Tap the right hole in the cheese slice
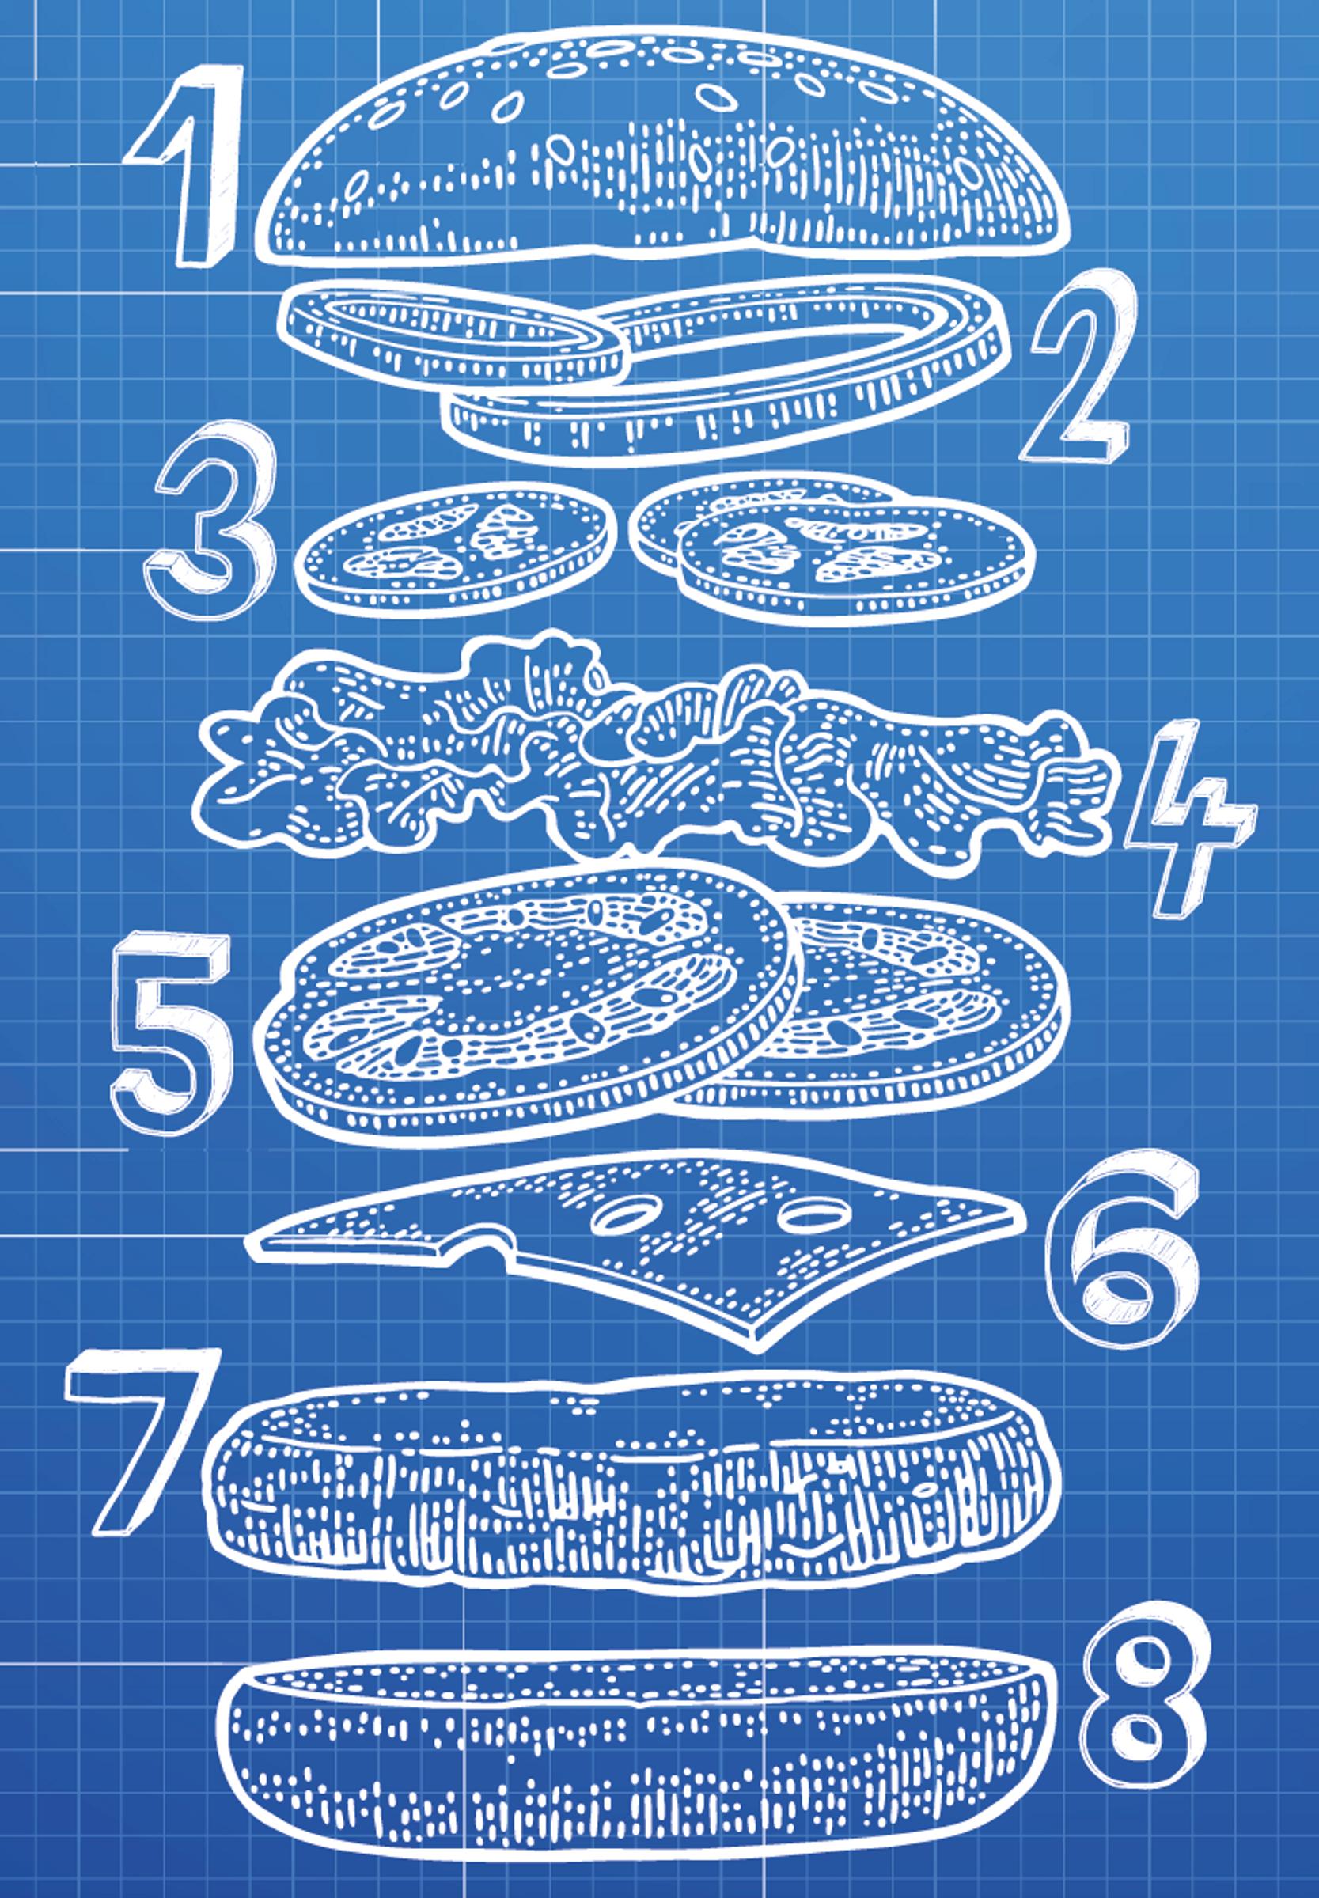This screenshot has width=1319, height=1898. [814, 1214]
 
